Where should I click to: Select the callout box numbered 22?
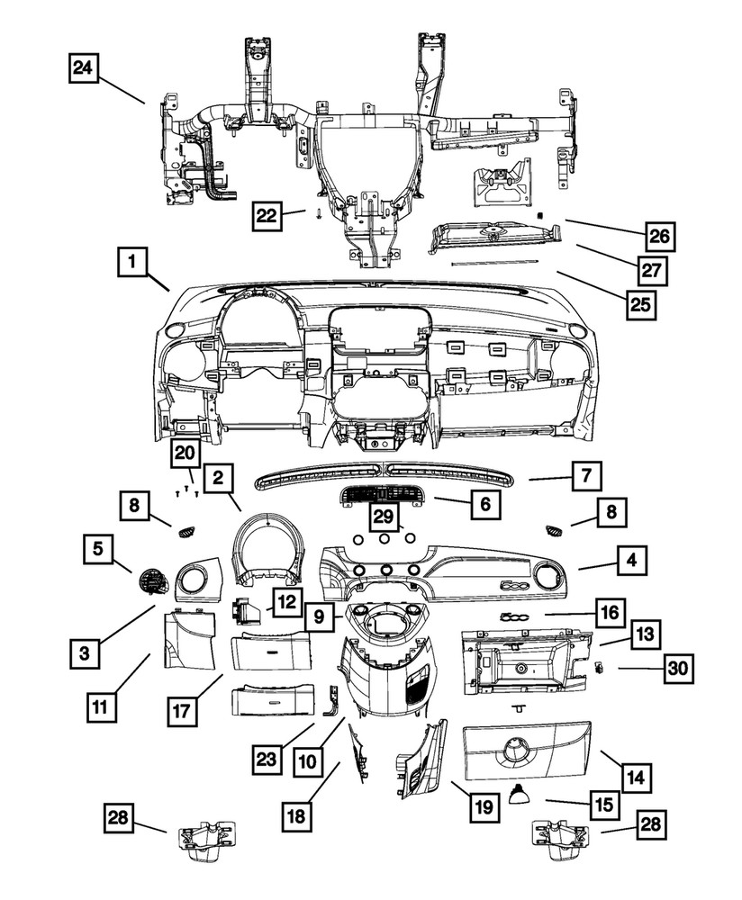click(x=266, y=215)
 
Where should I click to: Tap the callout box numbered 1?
click(x=131, y=265)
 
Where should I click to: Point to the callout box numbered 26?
click(x=658, y=237)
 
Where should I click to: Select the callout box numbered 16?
click(x=609, y=613)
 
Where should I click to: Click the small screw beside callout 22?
click(x=319, y=214)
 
